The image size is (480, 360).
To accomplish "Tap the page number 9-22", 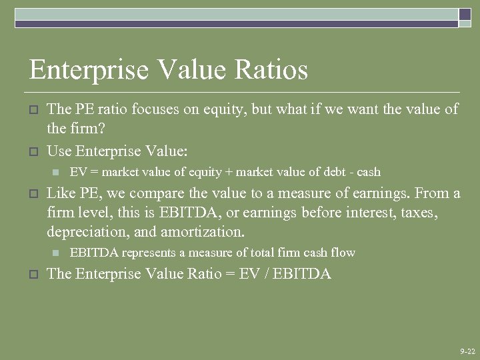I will (x=467, y=351).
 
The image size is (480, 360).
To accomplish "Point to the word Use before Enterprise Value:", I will (x=59, y=151).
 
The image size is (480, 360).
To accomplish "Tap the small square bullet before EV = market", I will (x=56, y=172).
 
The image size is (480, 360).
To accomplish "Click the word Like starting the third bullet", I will (x=61, y=194).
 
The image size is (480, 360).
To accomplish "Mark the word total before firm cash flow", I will (x=264, y=253).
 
